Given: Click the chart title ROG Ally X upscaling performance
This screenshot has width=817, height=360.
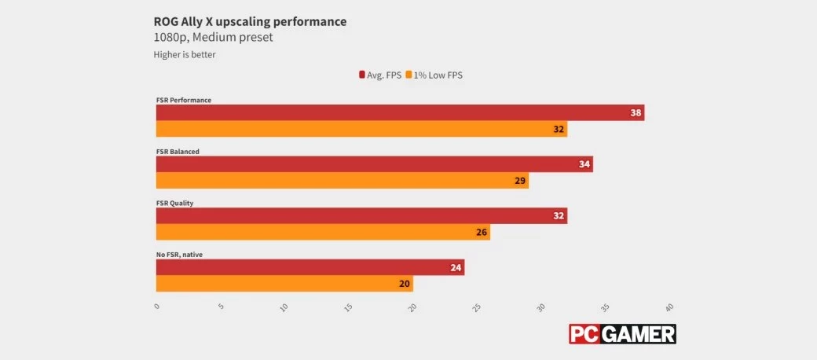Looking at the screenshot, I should [250, 21].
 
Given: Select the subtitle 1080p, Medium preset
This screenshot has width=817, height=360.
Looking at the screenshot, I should [213, 38].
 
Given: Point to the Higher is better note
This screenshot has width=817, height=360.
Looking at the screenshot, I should [184, 55].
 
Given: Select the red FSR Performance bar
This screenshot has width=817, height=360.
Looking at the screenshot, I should [400, 113].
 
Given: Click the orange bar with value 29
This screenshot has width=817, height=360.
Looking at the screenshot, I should [343, 181].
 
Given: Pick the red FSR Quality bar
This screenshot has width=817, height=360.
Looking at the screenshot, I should [361, 216].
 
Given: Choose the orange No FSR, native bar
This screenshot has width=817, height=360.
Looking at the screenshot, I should [284, 284].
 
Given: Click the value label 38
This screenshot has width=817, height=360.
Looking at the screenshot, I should [636, 113].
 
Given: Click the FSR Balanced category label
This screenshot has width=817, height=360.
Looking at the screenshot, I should [178, 151].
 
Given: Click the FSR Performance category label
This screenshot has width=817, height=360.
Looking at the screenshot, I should [184, 100].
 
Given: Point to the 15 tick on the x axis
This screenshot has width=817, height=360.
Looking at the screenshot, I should [349, 307].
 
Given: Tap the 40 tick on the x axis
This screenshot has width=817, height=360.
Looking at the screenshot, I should [669, 307].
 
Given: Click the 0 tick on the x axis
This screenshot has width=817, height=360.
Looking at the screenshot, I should [157, 307].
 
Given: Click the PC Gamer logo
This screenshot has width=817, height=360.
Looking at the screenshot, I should [622, 334].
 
